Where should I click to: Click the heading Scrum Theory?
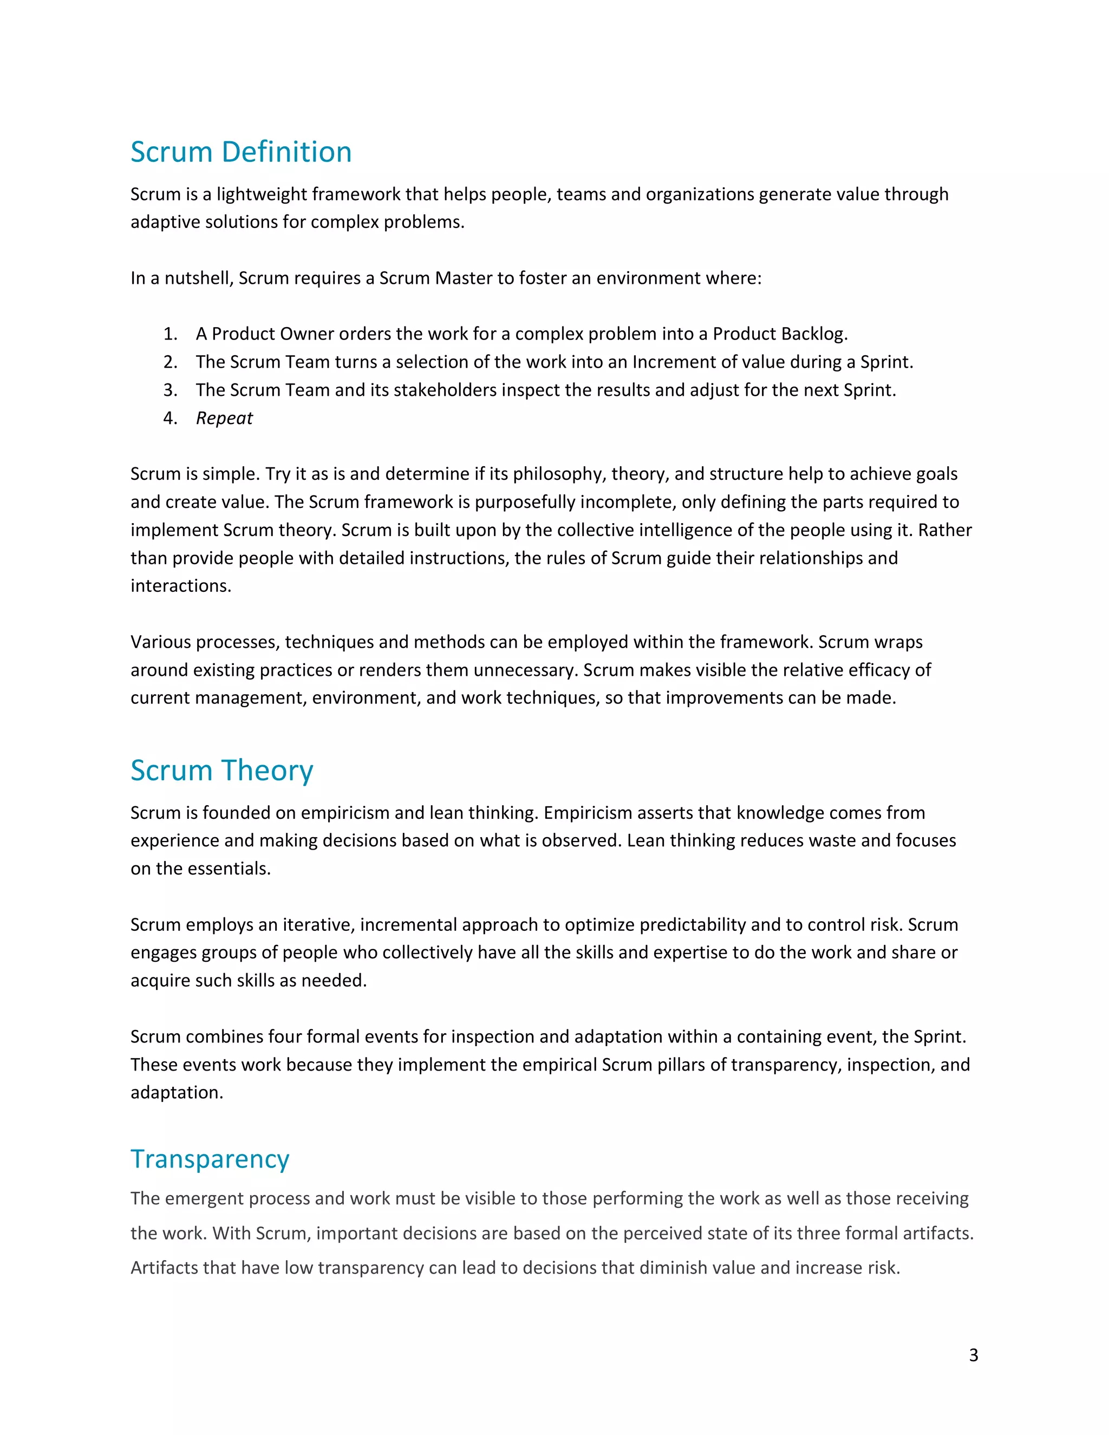(221, 770)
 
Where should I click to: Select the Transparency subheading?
(210, 1158)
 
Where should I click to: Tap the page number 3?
(973, 1355)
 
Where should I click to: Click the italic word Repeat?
(224, 418)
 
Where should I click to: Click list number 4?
(170, 418)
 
